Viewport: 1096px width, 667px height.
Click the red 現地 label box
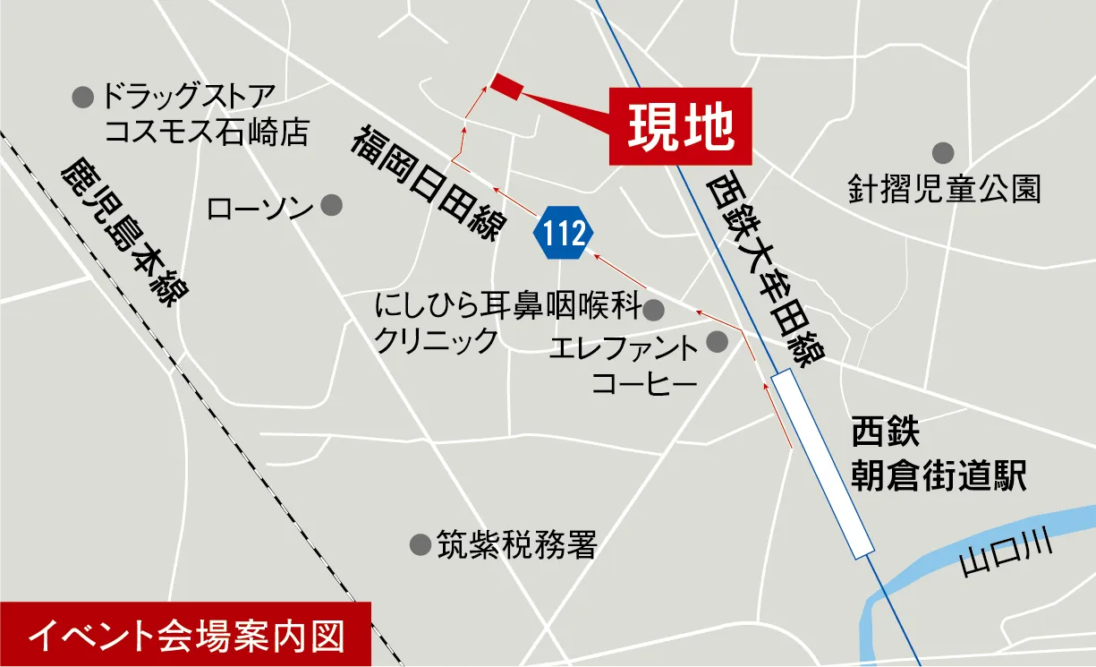(x=680, y=126)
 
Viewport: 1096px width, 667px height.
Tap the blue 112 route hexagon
(x=563, y=233)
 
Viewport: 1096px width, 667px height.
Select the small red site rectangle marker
(x=506, y=84)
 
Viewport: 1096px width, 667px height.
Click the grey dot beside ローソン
(x=331, y=205)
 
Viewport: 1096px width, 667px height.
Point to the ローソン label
(x=259, y=209)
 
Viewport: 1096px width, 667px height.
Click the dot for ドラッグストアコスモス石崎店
(x=83, y=96)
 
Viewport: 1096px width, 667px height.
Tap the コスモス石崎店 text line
(x=206, y=133)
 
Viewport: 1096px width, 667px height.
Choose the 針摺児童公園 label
(x=945, y=189)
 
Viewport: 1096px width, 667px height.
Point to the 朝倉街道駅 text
(x=937, y=475)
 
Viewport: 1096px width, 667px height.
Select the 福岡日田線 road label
(x=428, y=184)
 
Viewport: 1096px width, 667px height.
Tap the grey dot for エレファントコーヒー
(x=718, y=341)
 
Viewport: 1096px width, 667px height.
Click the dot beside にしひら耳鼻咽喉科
(x=654, y=310)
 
